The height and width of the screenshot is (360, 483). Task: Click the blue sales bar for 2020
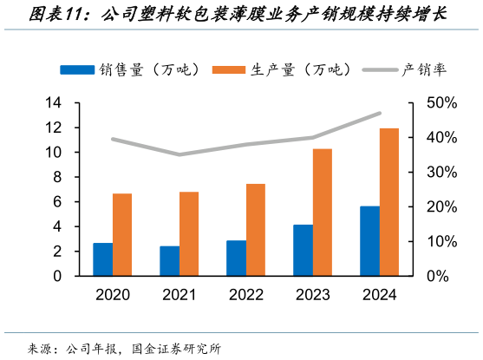click(x=102, y=259)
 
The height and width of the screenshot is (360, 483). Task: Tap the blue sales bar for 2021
click(x=170, y=261)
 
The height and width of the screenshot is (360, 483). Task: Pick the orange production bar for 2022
click(x=256, y=230)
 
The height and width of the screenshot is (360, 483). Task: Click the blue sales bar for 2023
click(x=303, y=251)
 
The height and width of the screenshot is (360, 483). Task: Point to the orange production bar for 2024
click(x=389, y=202)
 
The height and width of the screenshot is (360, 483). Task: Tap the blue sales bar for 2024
click(x=369, y=241)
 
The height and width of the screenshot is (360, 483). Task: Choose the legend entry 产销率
click(x=405, y=70)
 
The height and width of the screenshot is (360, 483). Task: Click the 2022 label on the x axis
click(x=246, y=295)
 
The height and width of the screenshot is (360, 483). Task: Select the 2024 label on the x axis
click(x=380, y=295)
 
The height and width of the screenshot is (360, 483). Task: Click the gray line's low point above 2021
click(x=179, y=154)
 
